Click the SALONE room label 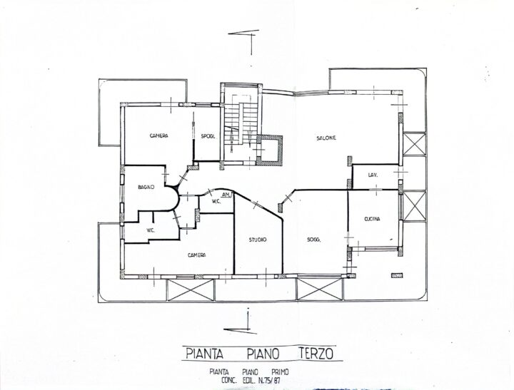click(326, 138)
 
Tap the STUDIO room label click(258, 240)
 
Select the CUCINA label click(372, 219)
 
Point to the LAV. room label click(373, 175)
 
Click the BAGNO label click(146, 188)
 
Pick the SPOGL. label click(208, 137)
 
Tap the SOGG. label click(313, 240)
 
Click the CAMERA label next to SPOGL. click(159, 135)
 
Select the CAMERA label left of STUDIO click(197, 255)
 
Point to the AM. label click(226, 195)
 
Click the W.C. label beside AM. click(216, 201)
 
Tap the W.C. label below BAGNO click(151, 230)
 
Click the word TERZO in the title click(316, 354)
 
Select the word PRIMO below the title click(281, 372)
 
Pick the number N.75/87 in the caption click(270, 380)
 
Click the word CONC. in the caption click(229, 380)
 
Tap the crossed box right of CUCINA click(414, 206)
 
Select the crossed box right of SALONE click(414, 144)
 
